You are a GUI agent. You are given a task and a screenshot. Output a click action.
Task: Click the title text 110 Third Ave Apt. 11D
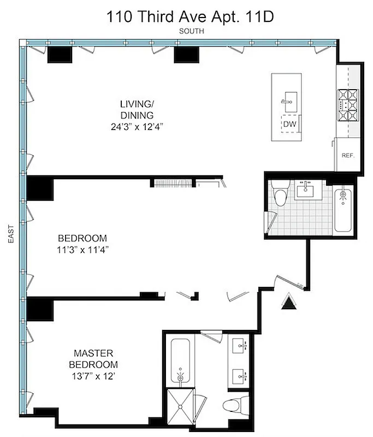pos(191,16)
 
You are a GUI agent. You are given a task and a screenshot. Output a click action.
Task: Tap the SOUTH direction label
pos(191,32)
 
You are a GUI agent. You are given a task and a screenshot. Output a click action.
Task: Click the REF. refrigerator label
pos(348,155)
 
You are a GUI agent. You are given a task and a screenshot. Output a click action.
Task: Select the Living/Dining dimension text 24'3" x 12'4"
pos(136,127)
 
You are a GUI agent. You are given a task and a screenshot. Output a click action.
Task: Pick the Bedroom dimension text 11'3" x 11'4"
pos(82,251)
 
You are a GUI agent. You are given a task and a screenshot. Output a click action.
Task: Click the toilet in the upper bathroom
pos(280,196)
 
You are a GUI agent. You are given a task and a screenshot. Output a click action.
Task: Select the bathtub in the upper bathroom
pos(344,210)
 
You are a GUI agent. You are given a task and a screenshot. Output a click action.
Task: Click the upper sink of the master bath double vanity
pos(240,346)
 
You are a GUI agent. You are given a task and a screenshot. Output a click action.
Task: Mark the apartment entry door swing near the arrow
pos(288,280)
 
